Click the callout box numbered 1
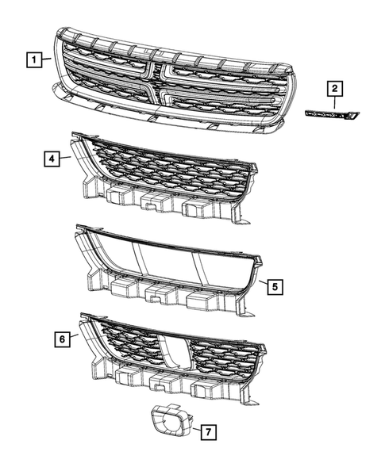click(x=33, y=59)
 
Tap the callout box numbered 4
click(x=50, y=159)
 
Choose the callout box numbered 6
click(x=61, y=339)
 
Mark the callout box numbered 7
click(x=206, y=432)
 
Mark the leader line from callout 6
click(x=75, y=336)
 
